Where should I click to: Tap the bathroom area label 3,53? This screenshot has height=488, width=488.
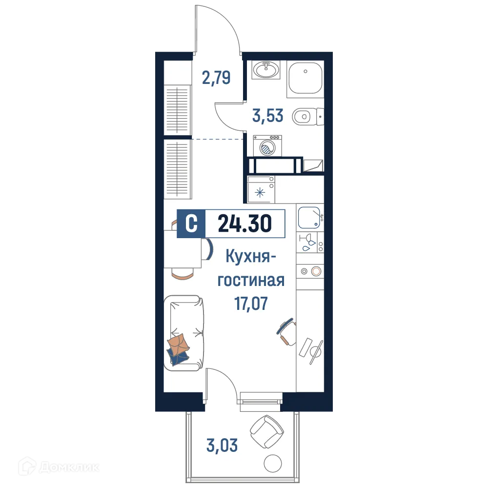(268, 117)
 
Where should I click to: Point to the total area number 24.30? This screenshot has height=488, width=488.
(244, 224)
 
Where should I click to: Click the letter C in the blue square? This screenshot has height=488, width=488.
(192, 224)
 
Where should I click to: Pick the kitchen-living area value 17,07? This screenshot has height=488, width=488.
(251, 305)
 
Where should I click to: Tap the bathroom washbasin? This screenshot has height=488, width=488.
(266, 70)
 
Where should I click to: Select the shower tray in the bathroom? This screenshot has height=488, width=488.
(305, 78)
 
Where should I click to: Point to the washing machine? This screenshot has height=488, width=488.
(266, 145)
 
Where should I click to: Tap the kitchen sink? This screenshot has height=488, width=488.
(309, 217)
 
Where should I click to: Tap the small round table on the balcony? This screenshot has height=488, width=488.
(270, 464)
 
